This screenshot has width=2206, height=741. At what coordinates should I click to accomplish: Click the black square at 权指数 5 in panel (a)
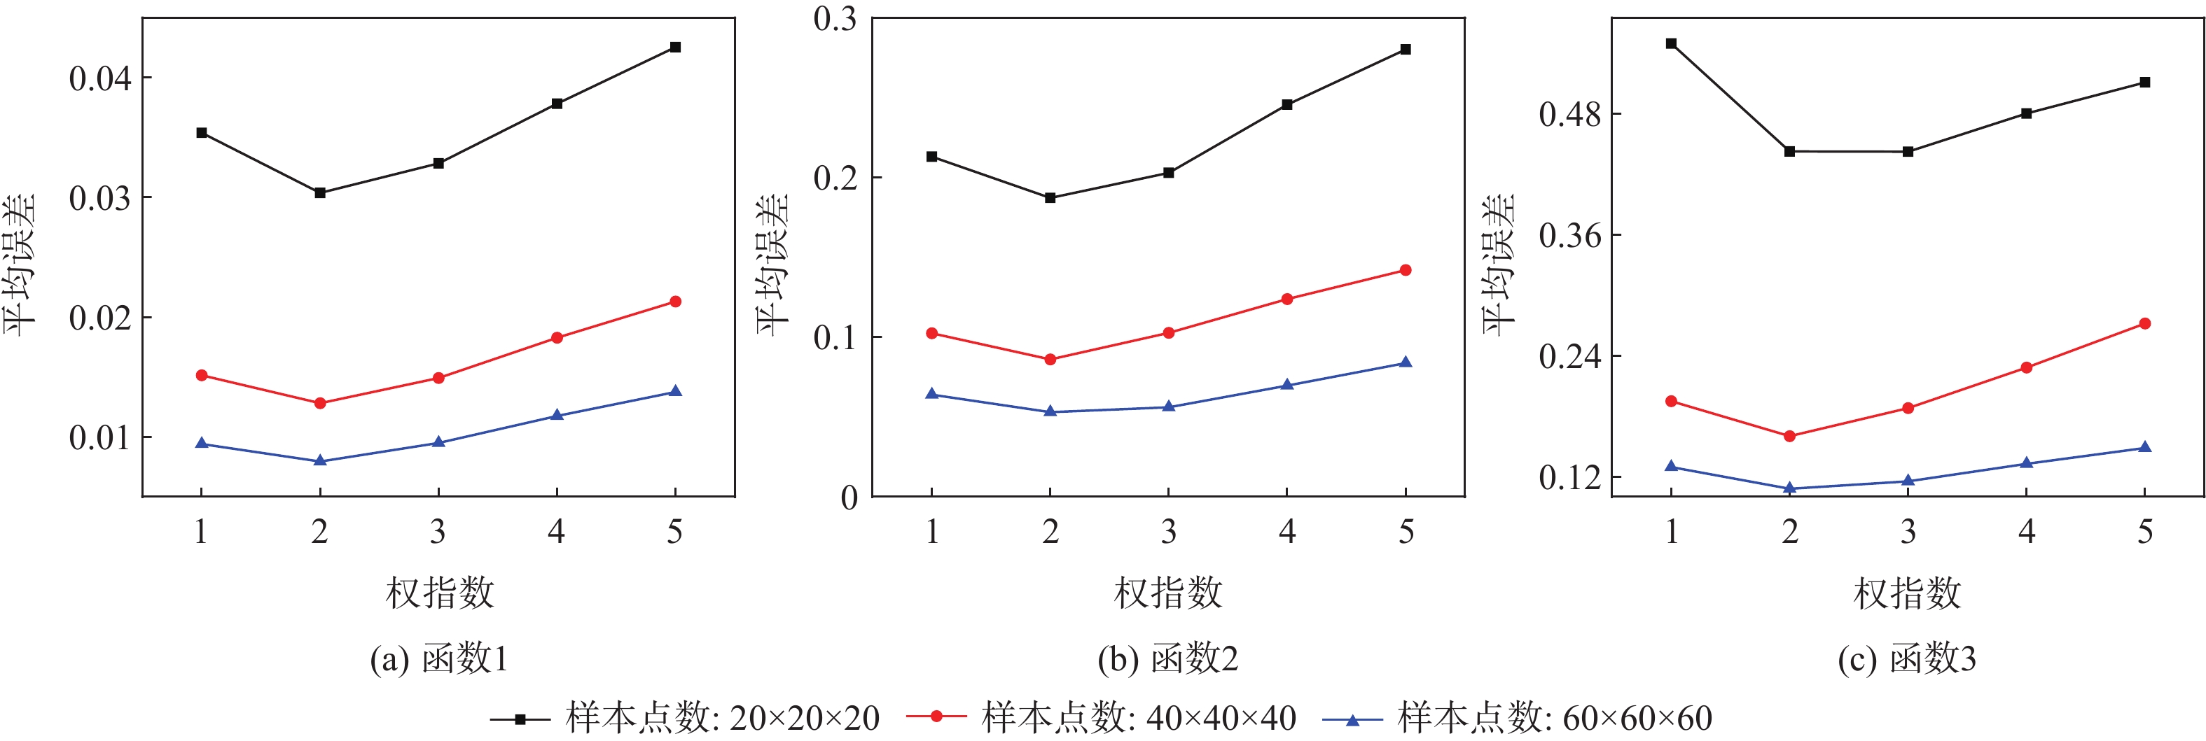click(675, 47)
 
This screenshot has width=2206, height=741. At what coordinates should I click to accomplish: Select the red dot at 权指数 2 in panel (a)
click(320, 403)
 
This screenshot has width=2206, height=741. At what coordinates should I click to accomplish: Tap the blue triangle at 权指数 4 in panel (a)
click(557, 415)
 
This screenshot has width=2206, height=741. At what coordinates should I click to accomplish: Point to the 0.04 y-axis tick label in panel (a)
click(100, 79)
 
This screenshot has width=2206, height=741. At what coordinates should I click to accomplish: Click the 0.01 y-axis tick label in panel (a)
click(100, 437)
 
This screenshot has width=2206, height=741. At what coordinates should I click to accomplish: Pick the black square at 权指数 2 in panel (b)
click(1050, 197)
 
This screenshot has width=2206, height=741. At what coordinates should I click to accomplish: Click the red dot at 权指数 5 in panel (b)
click(1406, 270)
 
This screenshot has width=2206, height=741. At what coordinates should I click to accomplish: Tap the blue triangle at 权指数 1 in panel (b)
click(931, 394)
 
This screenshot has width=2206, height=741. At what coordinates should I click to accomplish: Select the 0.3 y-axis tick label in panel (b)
click(835, 19)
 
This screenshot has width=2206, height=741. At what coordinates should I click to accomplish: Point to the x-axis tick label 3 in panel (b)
click(1169, 532)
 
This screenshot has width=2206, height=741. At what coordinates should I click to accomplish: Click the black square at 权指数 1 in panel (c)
click(1671, 43)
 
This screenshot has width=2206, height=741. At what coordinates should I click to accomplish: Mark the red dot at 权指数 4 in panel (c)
click(2026, 368)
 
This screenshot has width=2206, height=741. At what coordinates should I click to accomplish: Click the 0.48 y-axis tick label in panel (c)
click(1569, 114)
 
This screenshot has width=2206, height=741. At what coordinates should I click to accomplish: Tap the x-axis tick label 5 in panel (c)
click(2144, 532)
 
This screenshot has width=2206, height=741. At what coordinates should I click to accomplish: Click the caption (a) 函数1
click(439, 659)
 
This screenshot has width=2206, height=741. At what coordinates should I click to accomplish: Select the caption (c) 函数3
click(1906, 659)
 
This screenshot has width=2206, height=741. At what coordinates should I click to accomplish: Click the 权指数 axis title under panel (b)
click(1168, 593)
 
